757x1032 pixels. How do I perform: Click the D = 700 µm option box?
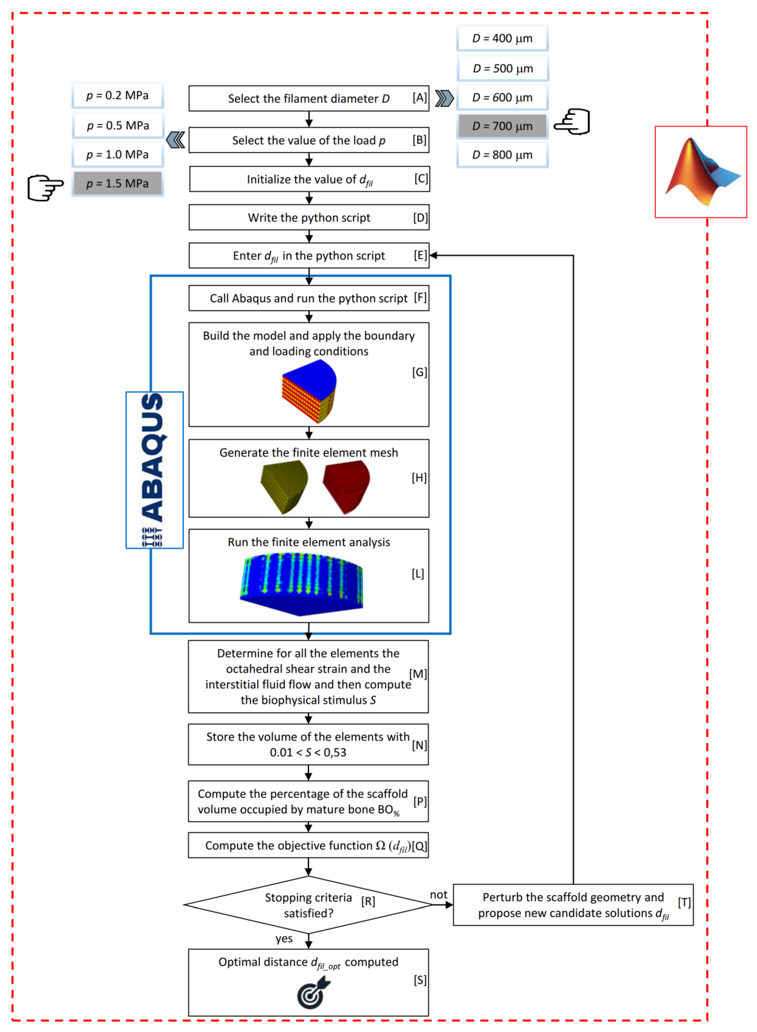(x=502, y=126)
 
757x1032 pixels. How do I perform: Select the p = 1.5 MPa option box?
(x=118, y=183)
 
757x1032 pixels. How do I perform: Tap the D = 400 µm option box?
(x=502, y=38)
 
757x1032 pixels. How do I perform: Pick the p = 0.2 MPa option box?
(x=118, y=95)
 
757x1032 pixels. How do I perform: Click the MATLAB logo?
(x=701, y=172)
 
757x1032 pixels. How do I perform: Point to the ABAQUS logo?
(x=154, y=469)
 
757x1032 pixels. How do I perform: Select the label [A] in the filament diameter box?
(x=419, y=98)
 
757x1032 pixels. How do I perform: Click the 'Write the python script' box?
(x=309, y=218)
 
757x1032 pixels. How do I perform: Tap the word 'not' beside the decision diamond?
(x=439, y=895)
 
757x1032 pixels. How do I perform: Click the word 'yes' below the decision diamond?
(x=284, y=939)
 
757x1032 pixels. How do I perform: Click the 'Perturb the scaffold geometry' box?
(x=573, y=905)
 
